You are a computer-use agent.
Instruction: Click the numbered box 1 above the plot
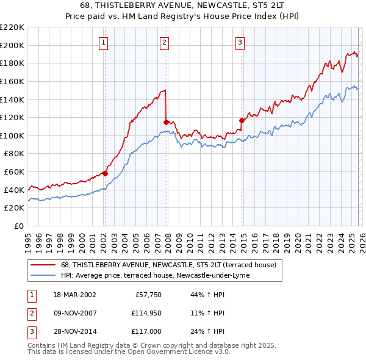(104, 43)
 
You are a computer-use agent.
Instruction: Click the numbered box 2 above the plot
(165, 43)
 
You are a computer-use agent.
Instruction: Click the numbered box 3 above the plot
(240, 43)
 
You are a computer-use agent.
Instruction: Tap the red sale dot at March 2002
(105, 173)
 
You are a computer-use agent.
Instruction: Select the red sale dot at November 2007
(166, 122)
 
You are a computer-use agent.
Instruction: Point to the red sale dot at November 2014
(242, 120)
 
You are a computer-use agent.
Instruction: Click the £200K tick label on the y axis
(12, 45)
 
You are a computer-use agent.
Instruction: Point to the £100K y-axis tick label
(12, 135)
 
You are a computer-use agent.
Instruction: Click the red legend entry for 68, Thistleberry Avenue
(168, 265)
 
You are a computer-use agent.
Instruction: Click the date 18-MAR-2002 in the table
(74, 295)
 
